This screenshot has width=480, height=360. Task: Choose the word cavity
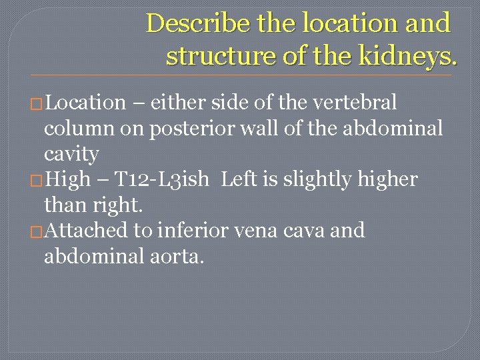(71, 154)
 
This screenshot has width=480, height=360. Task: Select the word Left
(237, 179)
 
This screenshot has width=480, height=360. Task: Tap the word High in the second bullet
(67, 179)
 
